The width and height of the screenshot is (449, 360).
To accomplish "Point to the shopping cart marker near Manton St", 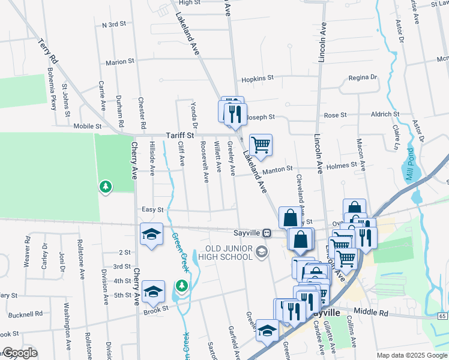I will [261, 144].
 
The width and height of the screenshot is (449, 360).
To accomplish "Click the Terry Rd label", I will [47, 52].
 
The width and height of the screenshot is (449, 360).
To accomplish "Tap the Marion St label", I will [119, 62].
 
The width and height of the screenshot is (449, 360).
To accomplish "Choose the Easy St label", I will [152, 209].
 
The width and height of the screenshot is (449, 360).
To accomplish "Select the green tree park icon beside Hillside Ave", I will [106, 187].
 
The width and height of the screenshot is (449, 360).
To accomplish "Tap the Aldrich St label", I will [385, 114].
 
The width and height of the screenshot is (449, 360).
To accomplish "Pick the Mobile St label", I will [88, 127].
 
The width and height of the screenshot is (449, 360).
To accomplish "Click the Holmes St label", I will [343, 164].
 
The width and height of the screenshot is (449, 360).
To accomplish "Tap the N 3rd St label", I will [114, 25].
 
